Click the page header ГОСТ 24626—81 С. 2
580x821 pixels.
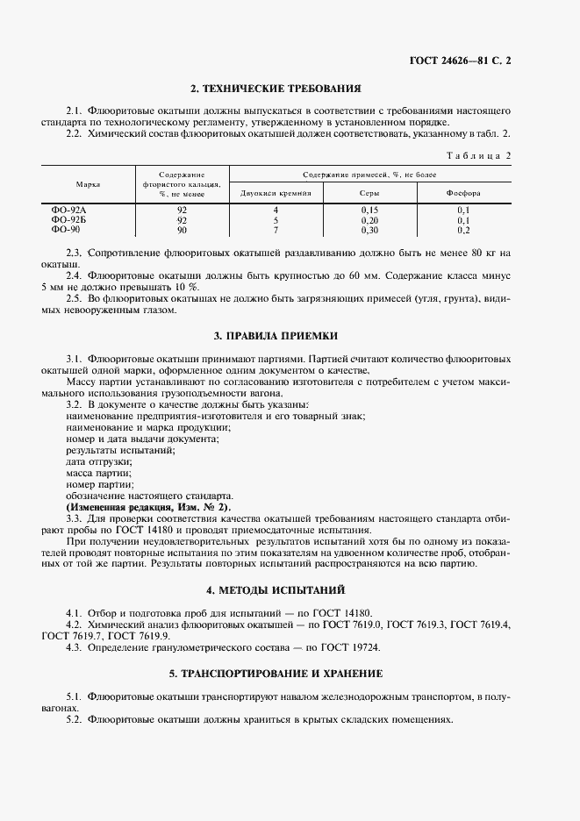(460, 61)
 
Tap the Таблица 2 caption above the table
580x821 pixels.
(478, 155)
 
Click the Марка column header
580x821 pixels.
(88, 185)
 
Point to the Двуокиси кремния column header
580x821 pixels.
(275, 192)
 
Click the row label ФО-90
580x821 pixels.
(64, 230)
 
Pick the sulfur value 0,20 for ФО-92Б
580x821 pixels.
(369, 220)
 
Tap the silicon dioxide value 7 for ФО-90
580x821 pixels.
(275, 230)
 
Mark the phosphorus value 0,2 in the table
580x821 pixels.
(463, 230)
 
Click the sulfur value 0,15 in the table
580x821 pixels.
(369, 211)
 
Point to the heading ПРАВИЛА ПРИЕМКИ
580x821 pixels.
(276, 336)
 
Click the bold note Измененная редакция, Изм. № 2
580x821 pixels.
(147, 507)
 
